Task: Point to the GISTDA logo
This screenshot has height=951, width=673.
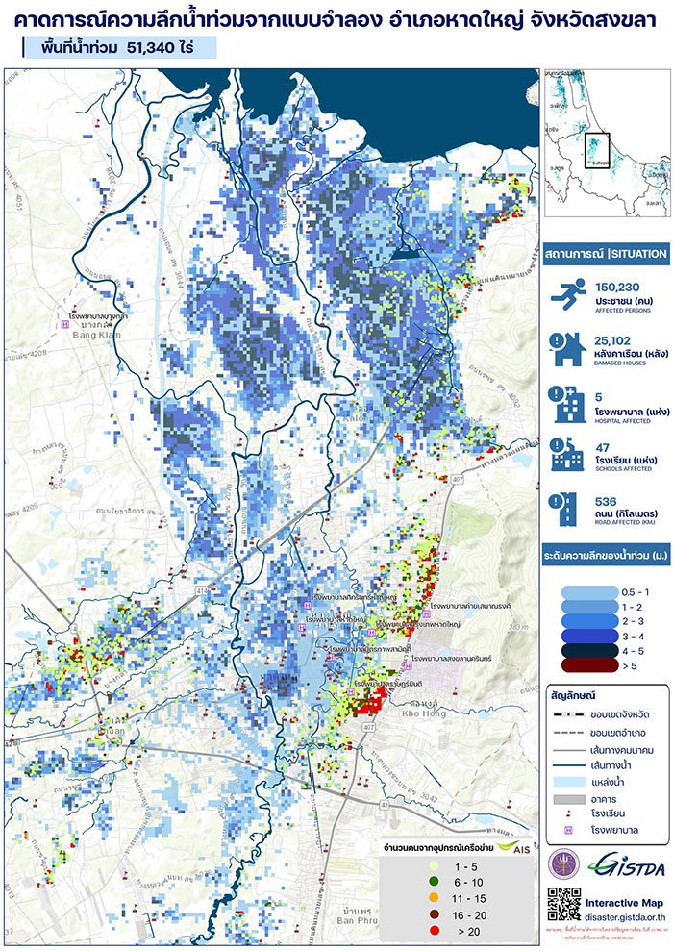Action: [622, 863]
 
